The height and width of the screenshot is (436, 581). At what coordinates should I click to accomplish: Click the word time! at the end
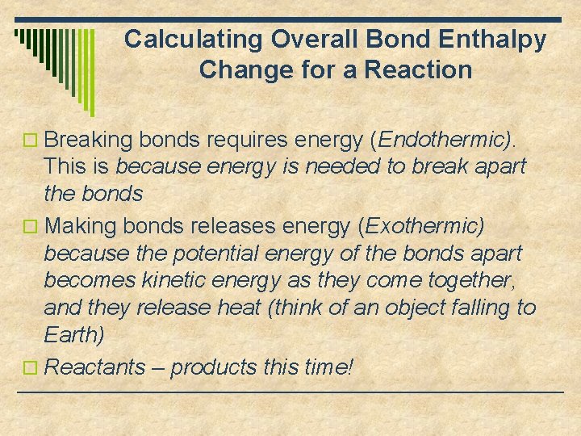(325, 367)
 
